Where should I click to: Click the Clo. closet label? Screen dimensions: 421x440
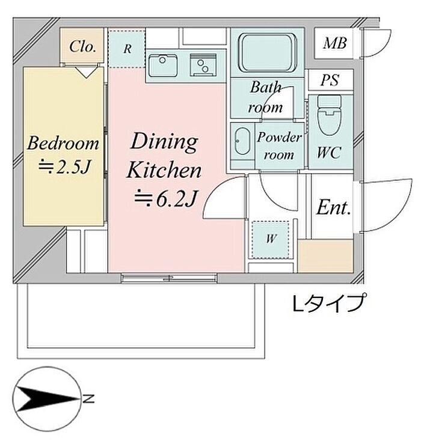pos(83,46)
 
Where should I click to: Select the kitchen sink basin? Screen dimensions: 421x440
pos(163,66)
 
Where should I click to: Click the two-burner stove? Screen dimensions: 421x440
pos(203,65)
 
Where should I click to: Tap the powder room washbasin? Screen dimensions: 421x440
pos(242,141)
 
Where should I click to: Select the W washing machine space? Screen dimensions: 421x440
pos(271,239)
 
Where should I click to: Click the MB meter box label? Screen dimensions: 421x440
pos(334,43)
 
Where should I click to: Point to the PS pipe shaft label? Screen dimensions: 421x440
pos(330,80)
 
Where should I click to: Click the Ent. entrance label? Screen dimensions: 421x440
pos(334,207)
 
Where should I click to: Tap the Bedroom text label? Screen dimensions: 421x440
pos(63,143)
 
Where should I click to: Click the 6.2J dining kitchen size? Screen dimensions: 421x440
pos(164,199)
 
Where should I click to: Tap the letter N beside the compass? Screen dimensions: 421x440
pos(88,399)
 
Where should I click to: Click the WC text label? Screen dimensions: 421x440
pos(329,152)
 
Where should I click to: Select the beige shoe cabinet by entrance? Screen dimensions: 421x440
pos(325,255)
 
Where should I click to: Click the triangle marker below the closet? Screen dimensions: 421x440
pos(87,72)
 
